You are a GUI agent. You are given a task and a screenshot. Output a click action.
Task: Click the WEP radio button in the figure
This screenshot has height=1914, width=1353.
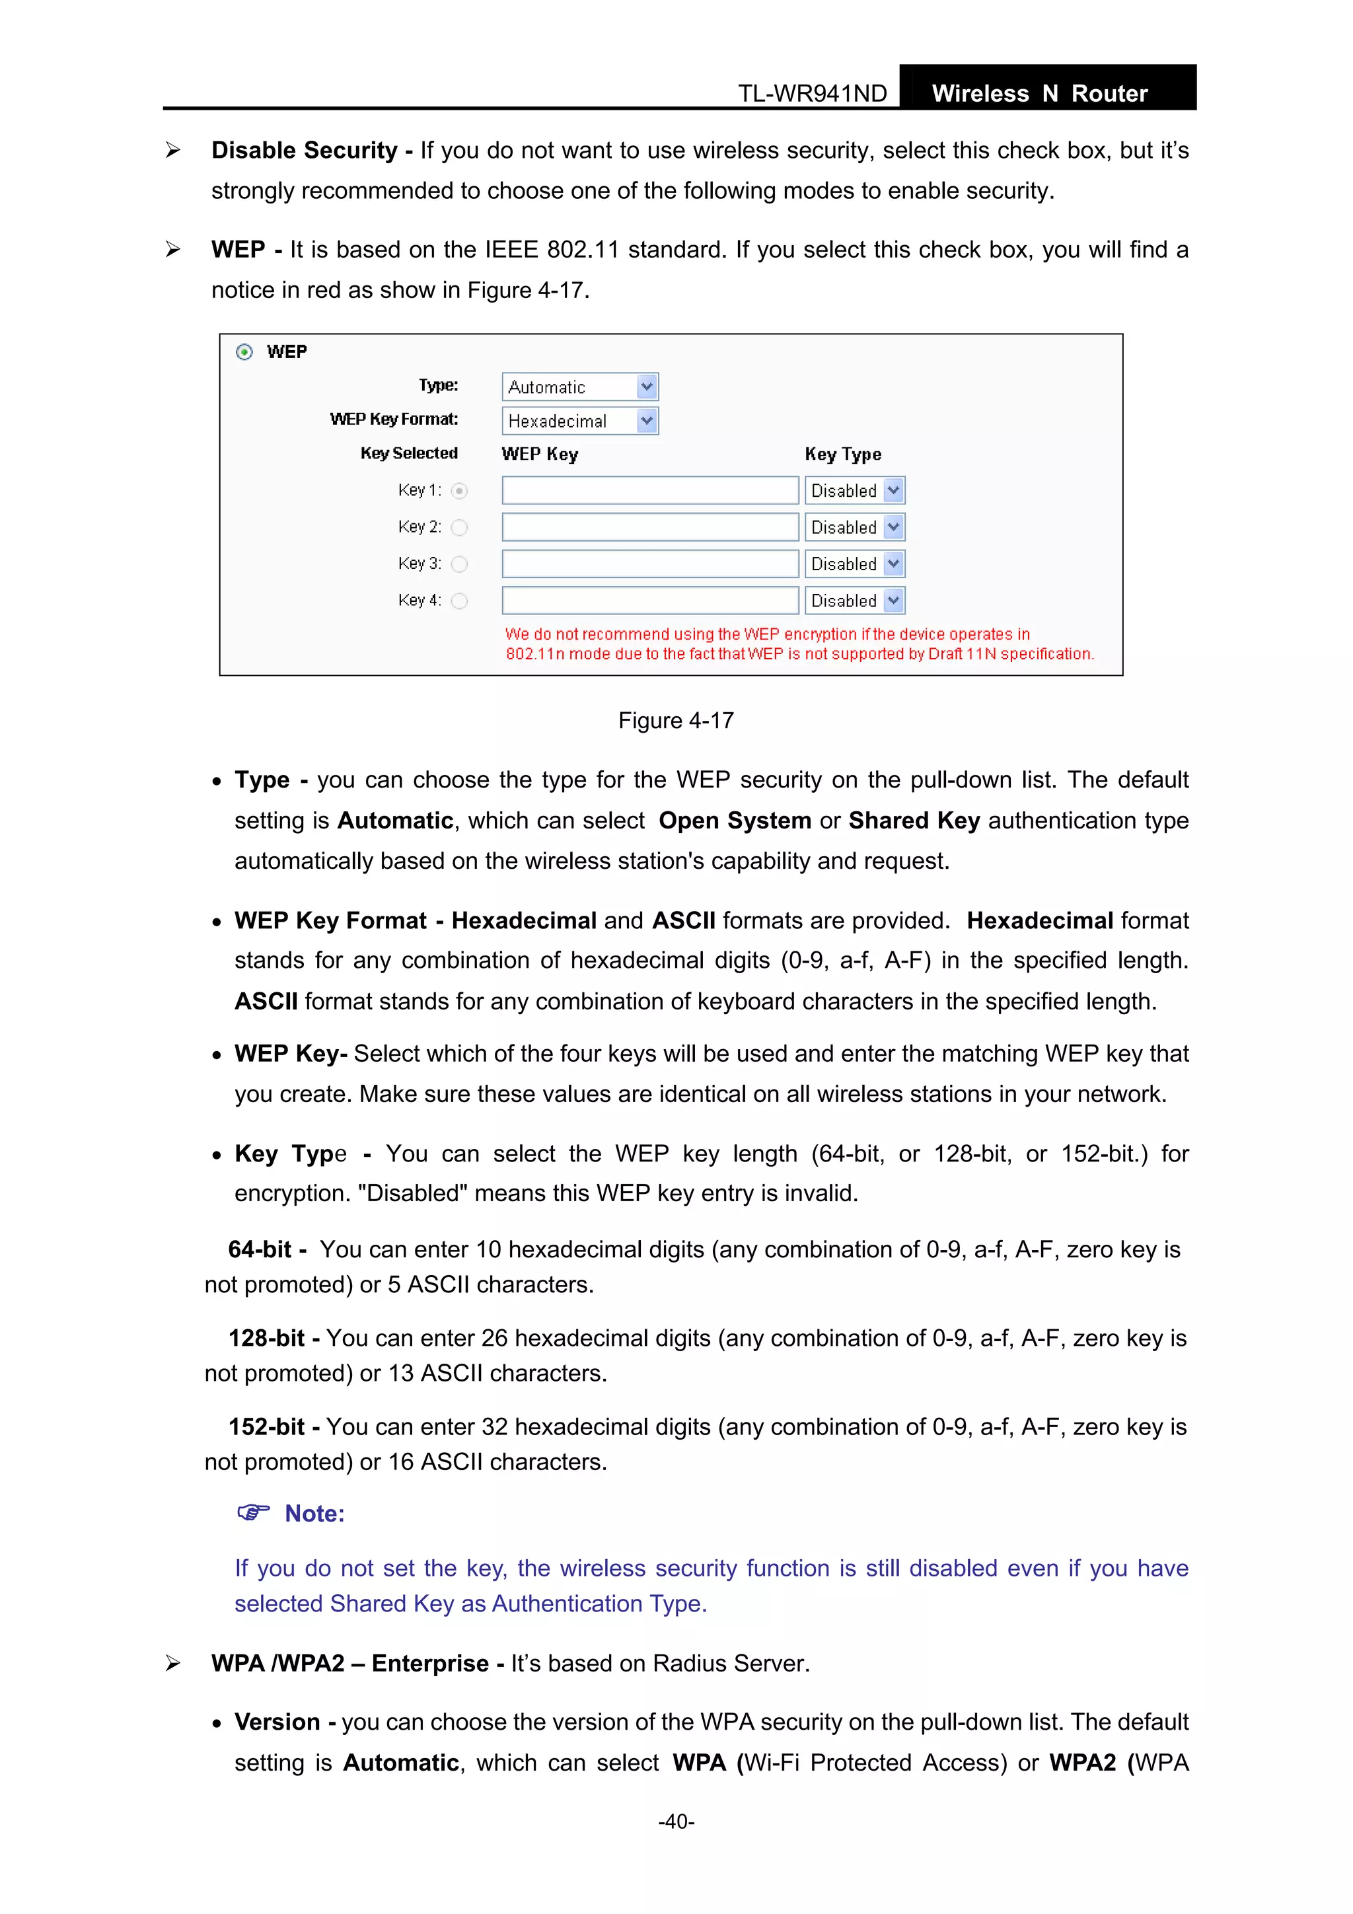[x=244, y=351]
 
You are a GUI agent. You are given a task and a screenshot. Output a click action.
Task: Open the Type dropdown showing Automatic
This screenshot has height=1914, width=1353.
[x=580, y=386]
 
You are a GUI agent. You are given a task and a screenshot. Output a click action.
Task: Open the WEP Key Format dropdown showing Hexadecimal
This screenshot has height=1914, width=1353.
[x=580, y=421]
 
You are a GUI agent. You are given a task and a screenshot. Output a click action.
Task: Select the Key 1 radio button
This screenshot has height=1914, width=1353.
[x=459, y=491]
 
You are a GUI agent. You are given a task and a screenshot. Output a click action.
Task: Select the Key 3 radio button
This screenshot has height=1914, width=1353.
[x=459, y=564]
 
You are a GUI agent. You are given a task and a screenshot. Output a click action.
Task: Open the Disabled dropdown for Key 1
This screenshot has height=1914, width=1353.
[x=854, y=490]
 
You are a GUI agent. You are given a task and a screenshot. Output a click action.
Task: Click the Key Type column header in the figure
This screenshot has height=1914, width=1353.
[x=843, y=455]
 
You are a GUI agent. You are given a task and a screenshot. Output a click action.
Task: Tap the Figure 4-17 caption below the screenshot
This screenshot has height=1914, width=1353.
[x=675, y=720]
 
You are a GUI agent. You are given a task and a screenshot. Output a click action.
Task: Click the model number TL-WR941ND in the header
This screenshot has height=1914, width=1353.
[x=812, y=93]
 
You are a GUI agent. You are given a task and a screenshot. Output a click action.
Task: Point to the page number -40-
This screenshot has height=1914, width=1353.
[x=676, y=1822]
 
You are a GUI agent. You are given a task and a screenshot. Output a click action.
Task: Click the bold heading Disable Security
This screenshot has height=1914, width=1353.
[x=305, y=150]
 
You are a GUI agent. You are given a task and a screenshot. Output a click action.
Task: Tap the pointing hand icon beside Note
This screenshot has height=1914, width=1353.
[x=254, y=1512]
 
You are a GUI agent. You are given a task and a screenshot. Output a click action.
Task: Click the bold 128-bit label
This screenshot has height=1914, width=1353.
[x=267, y=1338]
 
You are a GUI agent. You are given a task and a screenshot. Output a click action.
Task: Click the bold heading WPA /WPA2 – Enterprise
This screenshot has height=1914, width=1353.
[x=350, y=1663]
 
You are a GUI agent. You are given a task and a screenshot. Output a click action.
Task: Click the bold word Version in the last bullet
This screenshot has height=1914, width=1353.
[x=277, y=1722]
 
